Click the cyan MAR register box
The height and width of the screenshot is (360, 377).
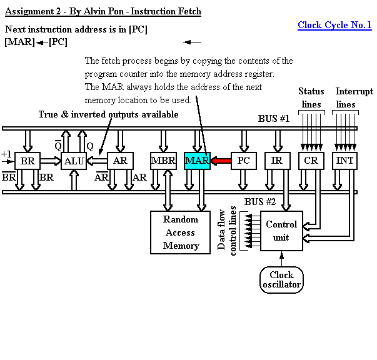[x=197, y=161]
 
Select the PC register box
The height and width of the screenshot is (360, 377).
[x=243, y=161]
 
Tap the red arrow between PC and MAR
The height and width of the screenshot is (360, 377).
[x=220, y=161]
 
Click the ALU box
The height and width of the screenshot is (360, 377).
[x=74, y=161]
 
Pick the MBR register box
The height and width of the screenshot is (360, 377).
[x=164, y=161]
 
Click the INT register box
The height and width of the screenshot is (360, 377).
[x=344, y=161]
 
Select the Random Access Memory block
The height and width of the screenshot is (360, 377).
[x=180, y=232]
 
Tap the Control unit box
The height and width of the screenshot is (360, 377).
[x=281, y=231]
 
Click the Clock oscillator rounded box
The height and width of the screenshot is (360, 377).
[x=281, y=279]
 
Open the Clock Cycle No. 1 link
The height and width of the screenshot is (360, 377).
[x=334, y=25]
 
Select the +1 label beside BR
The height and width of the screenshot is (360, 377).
[x=6, y=154]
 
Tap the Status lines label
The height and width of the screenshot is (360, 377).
[x=311, y=97]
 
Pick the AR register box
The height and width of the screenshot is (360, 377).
[x=120, y=161]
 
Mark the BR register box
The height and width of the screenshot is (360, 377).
[x=28, y=161]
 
